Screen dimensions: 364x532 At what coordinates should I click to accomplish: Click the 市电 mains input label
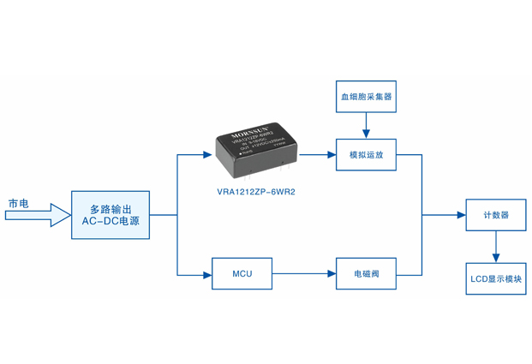tap(18, 203)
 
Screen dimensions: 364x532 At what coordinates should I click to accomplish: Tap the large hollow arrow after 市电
tap(39, 216)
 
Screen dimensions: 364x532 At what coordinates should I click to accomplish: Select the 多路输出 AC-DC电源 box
tap(111, 215)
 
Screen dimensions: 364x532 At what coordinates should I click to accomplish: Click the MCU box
tap(242, 274)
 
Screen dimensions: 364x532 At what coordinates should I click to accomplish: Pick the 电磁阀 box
tap(366, 274)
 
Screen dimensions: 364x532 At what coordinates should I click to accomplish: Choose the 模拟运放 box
tap(366, 155)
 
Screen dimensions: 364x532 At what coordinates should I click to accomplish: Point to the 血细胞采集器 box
tap(366, 97)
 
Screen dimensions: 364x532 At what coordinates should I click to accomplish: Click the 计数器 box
tap(495, 215)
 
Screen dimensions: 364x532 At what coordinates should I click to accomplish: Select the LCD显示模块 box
tap(495, 278)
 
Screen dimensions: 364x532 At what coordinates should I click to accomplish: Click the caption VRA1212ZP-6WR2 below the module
tap(256, 192)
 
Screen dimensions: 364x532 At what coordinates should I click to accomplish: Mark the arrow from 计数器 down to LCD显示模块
tap(495, 247)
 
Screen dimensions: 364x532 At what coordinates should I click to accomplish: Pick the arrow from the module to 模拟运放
tap(318, 155)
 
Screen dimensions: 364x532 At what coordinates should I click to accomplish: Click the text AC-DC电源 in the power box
tap(111, 222)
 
